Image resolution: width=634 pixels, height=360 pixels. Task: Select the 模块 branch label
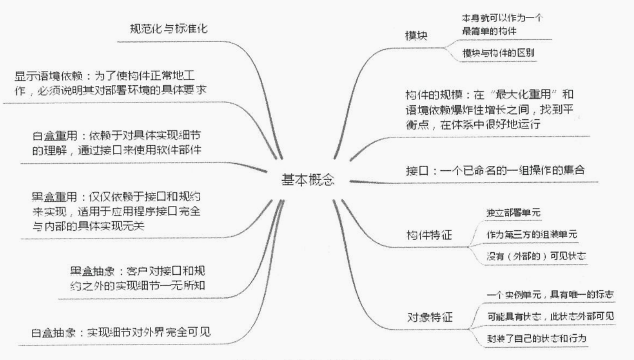tap(416, 37)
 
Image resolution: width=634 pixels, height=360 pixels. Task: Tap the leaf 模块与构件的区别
tap(498, 53)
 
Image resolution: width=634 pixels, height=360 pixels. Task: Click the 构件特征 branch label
tap(429, 236)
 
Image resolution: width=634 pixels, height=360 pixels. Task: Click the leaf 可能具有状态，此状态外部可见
tap(550, 316)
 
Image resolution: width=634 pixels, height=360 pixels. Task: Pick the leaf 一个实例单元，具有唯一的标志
tap(550, 295)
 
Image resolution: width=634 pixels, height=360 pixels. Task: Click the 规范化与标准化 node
tap(169, 29)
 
